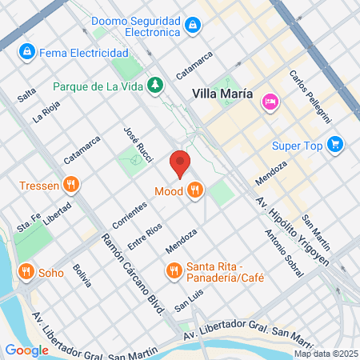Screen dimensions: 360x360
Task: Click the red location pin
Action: click(x=180, y=162)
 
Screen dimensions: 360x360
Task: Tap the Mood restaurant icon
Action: click(x=195, y=190)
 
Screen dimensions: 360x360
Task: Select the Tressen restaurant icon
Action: click(x=71, y=186)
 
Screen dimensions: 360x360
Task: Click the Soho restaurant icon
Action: click(x=26, y=271)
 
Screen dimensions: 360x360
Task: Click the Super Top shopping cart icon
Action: click(x=335, y=145)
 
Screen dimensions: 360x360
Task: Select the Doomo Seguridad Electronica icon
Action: click(x=191, y=26)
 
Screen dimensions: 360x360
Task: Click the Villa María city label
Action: click(x=222, y=94)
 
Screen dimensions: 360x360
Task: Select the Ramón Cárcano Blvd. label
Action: click(x=133, y=272)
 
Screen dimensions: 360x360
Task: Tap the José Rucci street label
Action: click(x=138, y=144)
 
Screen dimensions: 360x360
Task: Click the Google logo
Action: click(x=26, y=350)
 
